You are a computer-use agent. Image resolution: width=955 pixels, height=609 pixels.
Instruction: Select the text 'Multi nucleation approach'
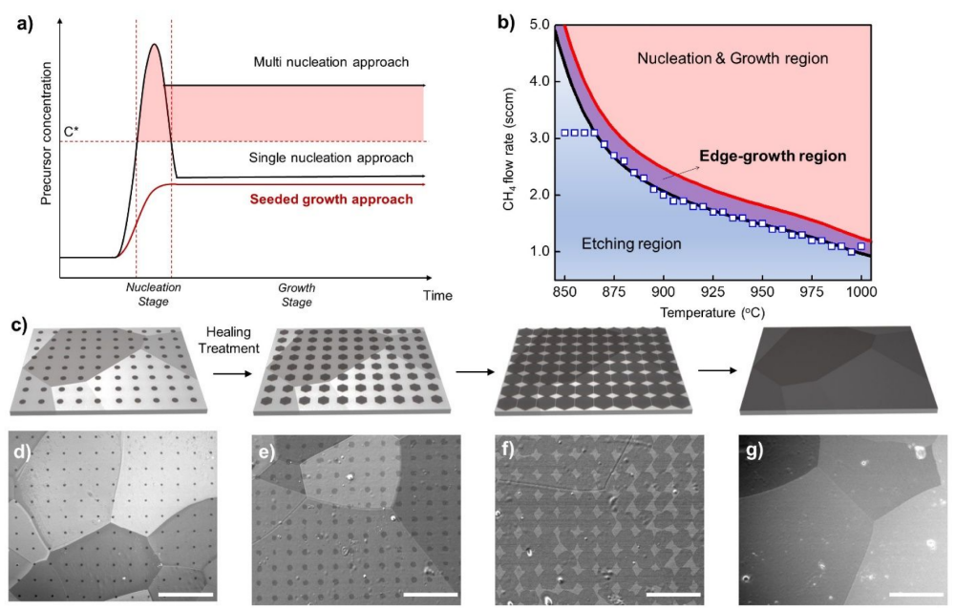pyautogui.click(x=330, y=62)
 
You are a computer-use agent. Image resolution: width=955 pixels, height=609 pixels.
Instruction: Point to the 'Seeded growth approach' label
pyautogui.click(x=331, y=199)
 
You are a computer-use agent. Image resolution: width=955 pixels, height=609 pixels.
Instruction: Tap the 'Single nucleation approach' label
pyautogui.click(x=330, y=157)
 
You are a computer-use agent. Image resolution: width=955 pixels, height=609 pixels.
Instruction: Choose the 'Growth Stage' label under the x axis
pyautogui.click(x=296, y=293)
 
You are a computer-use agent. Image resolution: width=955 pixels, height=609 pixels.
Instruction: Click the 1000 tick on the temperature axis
pyautogui.click(x=861, y=289)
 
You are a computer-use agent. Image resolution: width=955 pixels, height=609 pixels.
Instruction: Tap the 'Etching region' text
pyautogui.click(x=631, y=244)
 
